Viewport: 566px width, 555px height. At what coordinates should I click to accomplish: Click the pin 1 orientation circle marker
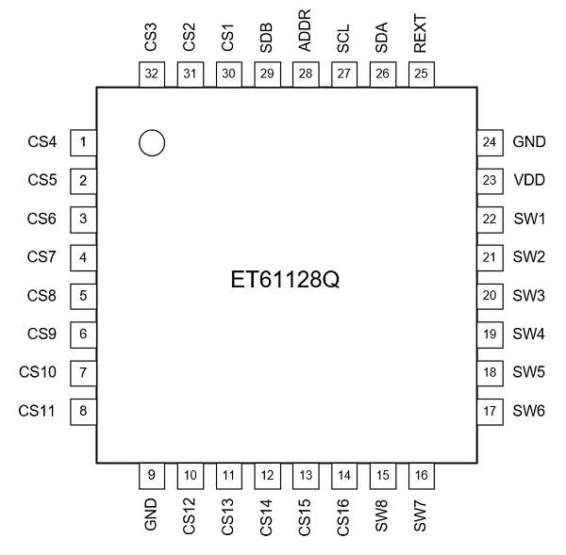point(151,142)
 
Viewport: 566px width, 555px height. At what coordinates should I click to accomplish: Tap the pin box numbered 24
point(489,142)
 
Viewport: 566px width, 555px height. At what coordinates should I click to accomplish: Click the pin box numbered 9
point(151,475)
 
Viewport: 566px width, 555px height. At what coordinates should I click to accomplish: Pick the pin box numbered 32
point(151,73)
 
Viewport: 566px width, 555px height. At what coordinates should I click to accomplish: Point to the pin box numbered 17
point(489,411)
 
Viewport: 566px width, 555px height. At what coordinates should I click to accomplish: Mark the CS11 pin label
point(39,411)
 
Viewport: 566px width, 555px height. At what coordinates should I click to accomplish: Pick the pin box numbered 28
point(306,73)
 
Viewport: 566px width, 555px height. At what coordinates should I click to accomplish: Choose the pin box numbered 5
point(84,295)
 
